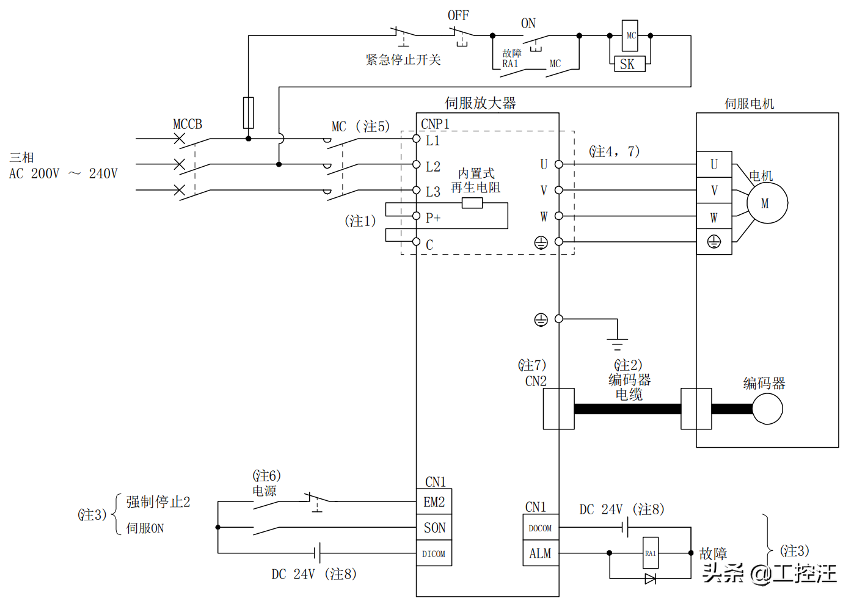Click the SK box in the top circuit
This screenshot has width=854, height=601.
click(629, 64)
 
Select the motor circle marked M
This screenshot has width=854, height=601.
click(767, 203)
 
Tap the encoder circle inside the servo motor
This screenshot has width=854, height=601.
click(767, 409)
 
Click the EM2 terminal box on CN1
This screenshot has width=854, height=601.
click(434, 502)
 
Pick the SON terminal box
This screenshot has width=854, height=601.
click(434, 528)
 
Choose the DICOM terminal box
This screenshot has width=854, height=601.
click(434, 553)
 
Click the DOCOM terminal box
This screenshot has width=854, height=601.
click(541, 528)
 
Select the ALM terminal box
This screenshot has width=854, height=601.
click(541, 553)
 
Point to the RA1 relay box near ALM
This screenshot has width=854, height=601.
click(651, 553)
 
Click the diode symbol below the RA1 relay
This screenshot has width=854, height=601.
click(651, 578)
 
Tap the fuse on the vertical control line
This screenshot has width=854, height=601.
click(248, 112)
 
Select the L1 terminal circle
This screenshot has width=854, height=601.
click(416, 139)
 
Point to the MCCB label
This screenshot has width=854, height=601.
click(188, 124)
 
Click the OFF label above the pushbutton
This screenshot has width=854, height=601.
click(458, 15)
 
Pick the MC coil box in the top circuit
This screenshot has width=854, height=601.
click(630, 35)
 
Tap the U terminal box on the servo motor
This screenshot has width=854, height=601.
click(714, 164)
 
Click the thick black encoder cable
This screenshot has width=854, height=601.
click(627, 409)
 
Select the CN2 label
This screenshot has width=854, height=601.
click(536, 381)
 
